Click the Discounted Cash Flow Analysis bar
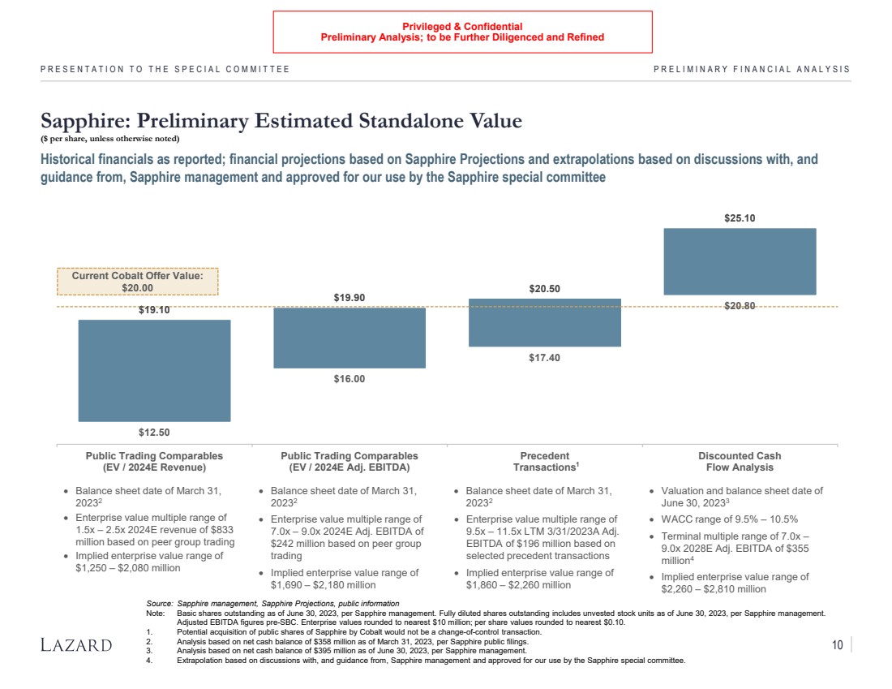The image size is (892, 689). [x=740, y=261]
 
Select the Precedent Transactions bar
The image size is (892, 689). [x=544, y=322]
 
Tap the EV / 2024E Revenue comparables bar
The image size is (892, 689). [x=154, y=370]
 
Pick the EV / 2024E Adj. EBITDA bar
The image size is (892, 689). [x=350, y=338]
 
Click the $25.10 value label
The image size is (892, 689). [x=740, y=218]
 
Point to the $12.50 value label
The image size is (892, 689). [x=154, y=432]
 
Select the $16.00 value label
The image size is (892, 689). [x=350, y=379]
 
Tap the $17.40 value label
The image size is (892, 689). [x=544, y=358]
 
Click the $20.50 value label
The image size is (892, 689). [x=544, y=288]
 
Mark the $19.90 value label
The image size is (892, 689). [x=350, y=298]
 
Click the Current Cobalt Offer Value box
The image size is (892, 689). [x=137, y=282]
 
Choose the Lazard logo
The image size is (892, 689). [x=76, y=645]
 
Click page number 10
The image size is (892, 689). [x=837, y=645]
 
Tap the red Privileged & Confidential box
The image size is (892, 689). [x=462, y=32]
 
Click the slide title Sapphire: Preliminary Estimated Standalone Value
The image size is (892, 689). [x=281, y=121]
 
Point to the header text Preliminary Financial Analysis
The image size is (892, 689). [x=751, y=69]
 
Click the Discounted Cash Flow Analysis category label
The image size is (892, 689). [x=740, y=461]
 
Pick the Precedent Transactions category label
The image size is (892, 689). [x=544, y=461]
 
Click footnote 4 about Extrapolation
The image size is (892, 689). [x=430, y=660]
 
